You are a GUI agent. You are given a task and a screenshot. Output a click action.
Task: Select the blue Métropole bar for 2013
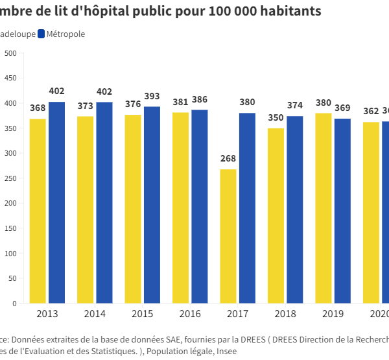[x=56, y=202]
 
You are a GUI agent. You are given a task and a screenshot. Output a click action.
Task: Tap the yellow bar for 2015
[x=133, y=209]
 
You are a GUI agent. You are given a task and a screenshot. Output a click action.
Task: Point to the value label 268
[x=228, y=159]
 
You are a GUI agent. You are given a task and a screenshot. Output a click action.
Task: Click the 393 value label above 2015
[x=152, y=97]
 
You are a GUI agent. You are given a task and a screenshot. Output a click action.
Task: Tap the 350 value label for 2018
[x=276, y=118]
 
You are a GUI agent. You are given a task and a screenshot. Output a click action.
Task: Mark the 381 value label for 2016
[x=180, y=102]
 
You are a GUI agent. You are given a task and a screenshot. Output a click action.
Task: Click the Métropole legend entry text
[x=65, y=34]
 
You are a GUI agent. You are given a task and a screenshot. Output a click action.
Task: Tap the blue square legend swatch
[x=41, y=34]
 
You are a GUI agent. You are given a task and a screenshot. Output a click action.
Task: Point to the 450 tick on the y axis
[x=11, y=78]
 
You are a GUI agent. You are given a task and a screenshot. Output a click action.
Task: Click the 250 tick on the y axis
[x=11, y=178]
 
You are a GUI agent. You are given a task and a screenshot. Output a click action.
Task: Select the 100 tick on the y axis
[x=11, y=253]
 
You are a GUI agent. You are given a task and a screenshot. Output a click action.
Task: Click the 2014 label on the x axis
[x=95, y=314]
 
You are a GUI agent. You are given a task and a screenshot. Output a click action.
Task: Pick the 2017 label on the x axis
[x=238, y=314]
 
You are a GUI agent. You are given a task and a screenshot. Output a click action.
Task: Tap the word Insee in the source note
[x=224, y=351]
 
